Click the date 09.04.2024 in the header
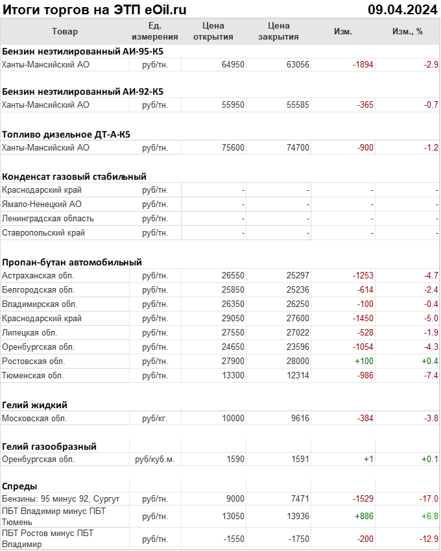click(403, 10)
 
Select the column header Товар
click(64, 31)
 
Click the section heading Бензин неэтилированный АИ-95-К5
click(82, 51)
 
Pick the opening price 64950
click(233, 64)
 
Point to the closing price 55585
click(298, 104)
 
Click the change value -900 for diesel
click(365, 147)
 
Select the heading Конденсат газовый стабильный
click(74, 176)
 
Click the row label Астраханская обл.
click(38, 276)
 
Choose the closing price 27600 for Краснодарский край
click(298, 319)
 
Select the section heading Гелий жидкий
click(34, 404)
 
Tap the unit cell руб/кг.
click(154, 419)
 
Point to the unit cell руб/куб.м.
click(154, 459)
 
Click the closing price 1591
click(300, 459)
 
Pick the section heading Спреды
click(19, 485)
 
